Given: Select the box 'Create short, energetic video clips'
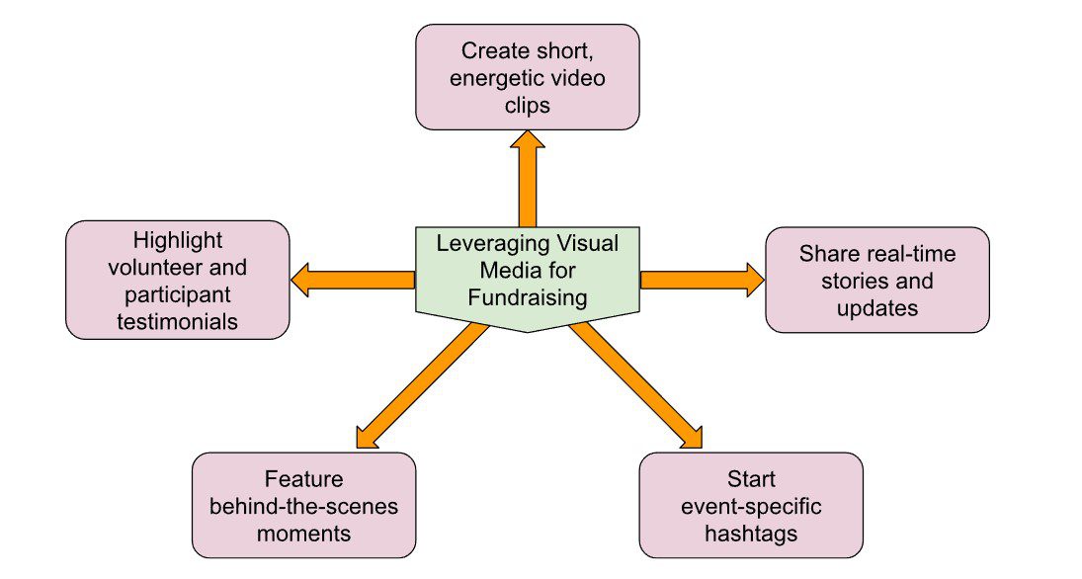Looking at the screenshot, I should click(x=527, y=77).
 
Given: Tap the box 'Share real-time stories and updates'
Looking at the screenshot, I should click(x=876, y=281).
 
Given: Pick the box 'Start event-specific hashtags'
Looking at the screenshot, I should click(x=750, y=506).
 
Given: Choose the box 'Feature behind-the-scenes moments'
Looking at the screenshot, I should click(x=303, y=506).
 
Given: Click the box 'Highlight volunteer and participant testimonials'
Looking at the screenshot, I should click(x=177, y=281).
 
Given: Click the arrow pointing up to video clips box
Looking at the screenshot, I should click(x=527, y=178).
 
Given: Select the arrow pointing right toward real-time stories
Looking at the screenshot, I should click(x=702, y=280).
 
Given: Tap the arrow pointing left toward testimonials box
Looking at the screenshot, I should click(x=353, y=280).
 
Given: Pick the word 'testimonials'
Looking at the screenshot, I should click(x=177, y=320).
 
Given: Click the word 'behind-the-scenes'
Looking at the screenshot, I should click(x=303, y=507).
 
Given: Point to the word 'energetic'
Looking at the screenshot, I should click(x=492, y=78).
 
